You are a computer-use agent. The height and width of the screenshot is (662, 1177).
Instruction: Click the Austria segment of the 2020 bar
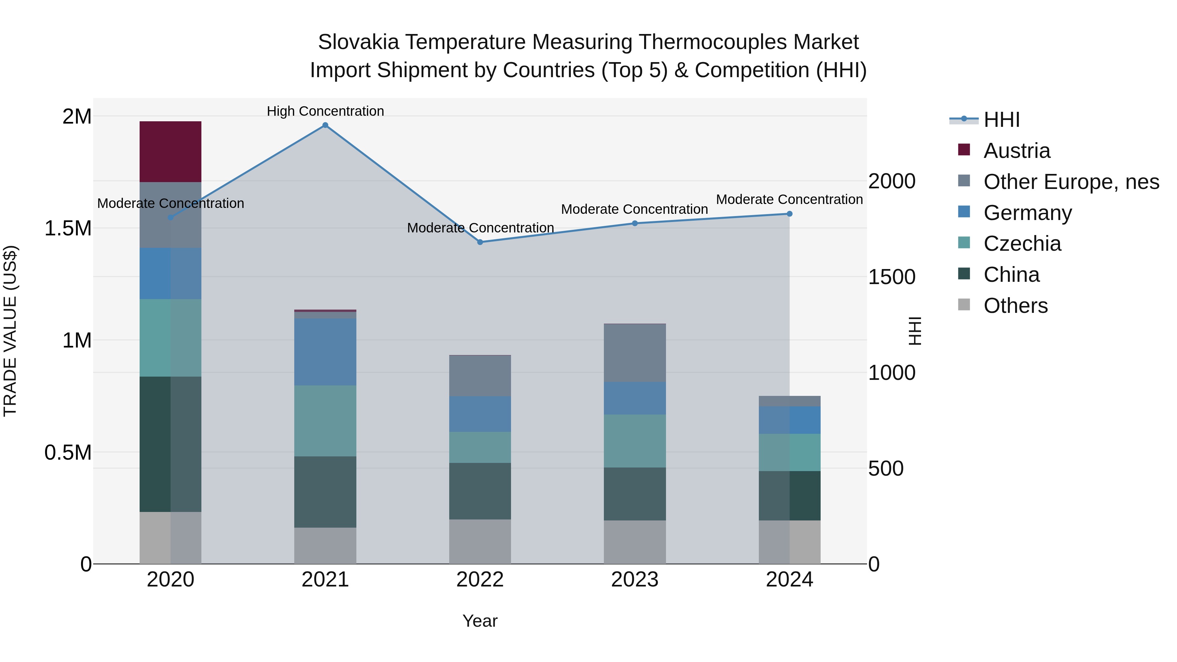[x=170, y=152]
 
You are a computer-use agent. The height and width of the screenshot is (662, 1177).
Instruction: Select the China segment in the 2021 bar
[x=325, y=492]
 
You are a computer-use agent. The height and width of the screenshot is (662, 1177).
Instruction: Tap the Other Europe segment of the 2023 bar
[x=635, y=353]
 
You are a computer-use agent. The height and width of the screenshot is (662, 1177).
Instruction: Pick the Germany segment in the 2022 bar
[x=480, y=414]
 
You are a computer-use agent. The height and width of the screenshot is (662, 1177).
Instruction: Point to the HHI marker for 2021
[x=325, y=125]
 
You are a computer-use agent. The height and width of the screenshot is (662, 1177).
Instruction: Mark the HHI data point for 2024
[x=790, y=214]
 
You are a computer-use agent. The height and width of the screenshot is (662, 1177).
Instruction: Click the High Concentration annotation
[x=325, y=111]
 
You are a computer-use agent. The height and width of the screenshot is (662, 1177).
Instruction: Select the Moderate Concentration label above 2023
[x=634, y=209]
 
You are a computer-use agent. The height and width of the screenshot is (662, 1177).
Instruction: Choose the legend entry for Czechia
[x=1022, y=244]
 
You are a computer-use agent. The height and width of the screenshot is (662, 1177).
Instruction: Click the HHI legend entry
[x=1001, y=120]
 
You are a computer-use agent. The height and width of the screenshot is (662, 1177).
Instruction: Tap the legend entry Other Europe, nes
[x=1071, y=182]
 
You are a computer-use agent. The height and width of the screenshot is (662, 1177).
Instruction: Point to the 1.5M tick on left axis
[x=68, y=228]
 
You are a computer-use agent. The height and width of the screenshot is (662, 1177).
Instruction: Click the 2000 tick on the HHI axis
[x=892, y=181]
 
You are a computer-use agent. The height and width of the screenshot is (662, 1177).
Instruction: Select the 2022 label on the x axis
[x=480, y=580]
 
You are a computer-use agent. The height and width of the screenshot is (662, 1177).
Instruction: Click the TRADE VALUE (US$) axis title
[x=10, y=331]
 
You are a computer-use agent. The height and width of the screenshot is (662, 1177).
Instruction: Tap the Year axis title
[x=480, y=621]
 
